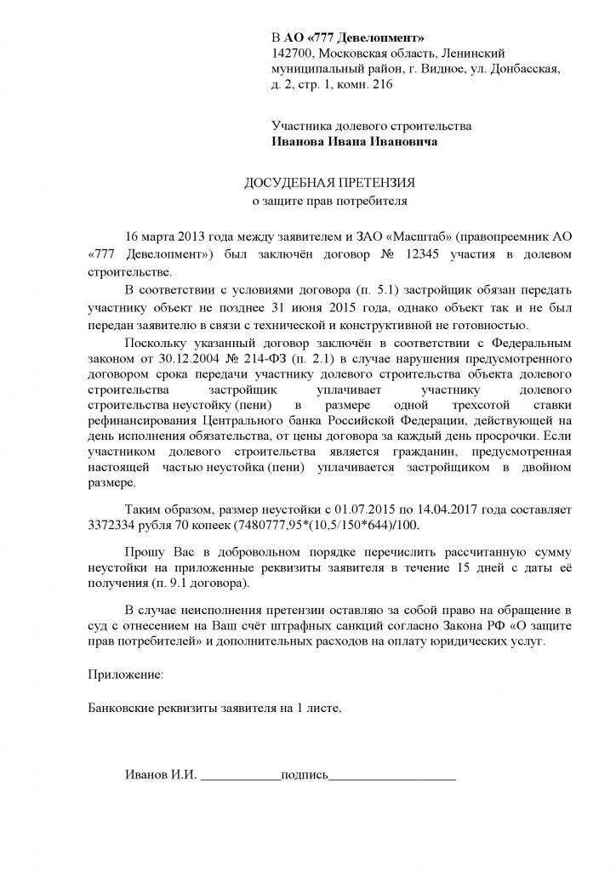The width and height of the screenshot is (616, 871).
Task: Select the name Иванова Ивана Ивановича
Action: pos(355,142)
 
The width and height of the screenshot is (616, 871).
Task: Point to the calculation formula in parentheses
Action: pos(332,527)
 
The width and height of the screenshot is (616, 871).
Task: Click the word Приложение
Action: pos(124,675)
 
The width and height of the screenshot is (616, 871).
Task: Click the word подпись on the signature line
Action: pos(304,775)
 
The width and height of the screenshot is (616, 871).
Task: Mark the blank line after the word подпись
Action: pos(392,777)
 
